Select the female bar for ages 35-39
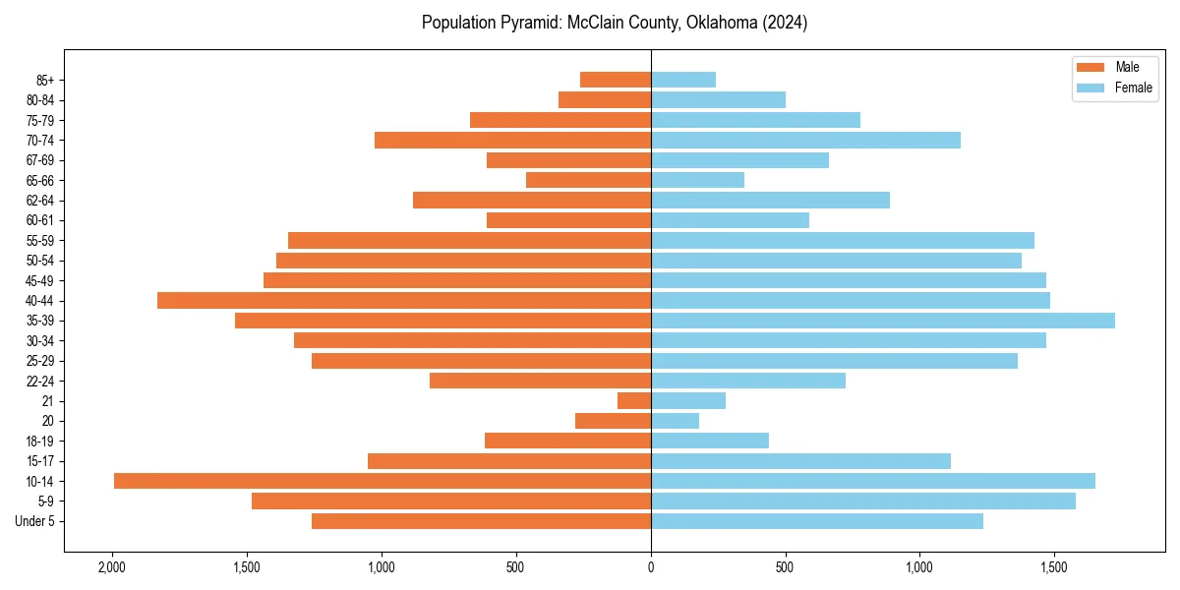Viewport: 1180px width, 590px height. coord(882,321)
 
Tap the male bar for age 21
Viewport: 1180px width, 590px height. coord(634,400)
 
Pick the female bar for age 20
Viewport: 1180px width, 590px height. coord(675,421)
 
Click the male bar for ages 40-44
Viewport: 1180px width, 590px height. coord(403,300)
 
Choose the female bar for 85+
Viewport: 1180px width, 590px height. coord(682,80)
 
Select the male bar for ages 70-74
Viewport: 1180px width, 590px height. coord(512,140)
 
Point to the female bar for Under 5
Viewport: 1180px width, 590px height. coord(816,521)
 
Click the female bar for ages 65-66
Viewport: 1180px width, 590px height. coord(697,180)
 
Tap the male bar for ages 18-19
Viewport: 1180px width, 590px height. coord(567,441)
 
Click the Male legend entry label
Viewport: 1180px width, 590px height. coord(1127,67)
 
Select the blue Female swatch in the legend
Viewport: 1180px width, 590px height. coord(1091,88)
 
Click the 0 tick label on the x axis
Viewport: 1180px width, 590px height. coord(651,568)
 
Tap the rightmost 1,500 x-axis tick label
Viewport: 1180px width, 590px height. coord(1053,568)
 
